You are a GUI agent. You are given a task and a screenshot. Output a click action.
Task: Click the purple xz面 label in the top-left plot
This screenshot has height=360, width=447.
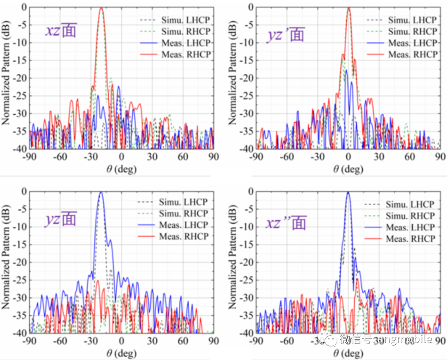click(61, 31)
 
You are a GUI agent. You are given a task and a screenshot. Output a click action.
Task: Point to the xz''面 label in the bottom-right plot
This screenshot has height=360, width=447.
click(286, 224)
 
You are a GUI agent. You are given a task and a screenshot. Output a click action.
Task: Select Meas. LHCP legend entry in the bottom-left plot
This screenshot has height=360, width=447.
click(183, 225)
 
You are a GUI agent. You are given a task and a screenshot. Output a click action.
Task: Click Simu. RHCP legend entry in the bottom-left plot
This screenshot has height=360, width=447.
click(183, 213)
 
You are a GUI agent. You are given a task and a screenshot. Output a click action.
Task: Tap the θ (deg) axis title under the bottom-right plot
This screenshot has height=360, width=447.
click(348, 353)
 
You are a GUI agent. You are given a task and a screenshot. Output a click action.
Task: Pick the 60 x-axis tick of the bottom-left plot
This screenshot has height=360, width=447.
click(183, 342)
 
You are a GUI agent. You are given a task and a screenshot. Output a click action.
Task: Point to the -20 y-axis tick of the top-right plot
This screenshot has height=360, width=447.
click(241, 78)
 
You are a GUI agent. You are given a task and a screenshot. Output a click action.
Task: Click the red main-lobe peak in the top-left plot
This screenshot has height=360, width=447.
click(101, 8)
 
